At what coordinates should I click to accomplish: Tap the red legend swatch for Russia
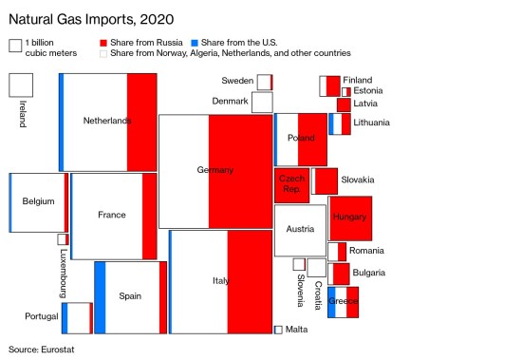click(x=103, y=44)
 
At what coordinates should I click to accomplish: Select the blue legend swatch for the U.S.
click(x=194, y=44)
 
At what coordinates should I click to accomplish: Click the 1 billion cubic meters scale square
click(x=15, y=45)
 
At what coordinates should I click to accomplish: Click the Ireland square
click(x=21, y=84)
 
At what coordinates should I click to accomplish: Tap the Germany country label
click(x=214, y=170)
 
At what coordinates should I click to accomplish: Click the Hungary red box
click(x=350, y=218)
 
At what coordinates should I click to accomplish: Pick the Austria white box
click(x=300, y=230)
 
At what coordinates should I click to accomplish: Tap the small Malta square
click(x=278, y=330)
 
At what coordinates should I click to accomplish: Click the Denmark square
click(x=262, y=102)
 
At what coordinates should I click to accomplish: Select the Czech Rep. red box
click(x=291, y=184)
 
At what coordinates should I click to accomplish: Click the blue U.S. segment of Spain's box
click(x=100, y=296)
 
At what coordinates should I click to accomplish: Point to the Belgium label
click(x=38, y=201)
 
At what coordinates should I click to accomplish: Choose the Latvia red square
click(x=344, y=104)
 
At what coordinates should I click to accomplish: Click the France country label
click(x=111, y=215)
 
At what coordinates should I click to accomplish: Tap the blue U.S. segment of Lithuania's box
click(x=332, y=123)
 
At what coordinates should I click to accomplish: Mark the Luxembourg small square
click(x=63, y=239)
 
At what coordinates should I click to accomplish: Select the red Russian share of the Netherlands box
click(x=141, y=122)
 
